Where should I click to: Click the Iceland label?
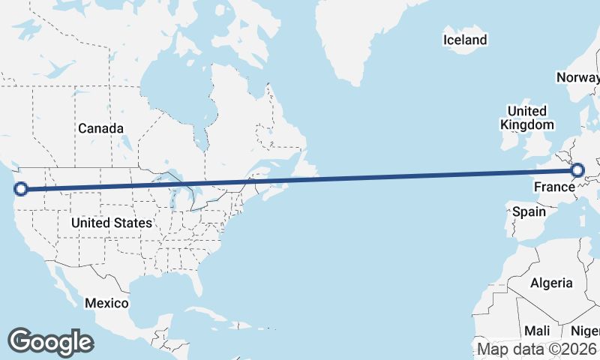click(465, 40)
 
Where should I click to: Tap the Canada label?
click(100, 128)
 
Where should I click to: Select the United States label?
click(111, 223)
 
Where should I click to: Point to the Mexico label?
click(106, 303)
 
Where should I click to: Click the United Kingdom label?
click(527, 118)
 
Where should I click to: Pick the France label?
click(553, 186)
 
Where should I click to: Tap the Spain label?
click(529, 211)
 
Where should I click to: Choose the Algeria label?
click(551, 283)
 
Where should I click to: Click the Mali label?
click(537, 331)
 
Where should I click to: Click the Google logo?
click(50, 342)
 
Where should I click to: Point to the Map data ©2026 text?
click(537, 349)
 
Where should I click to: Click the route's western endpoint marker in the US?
click(21, 188)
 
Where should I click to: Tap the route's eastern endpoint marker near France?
click(577, 171)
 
